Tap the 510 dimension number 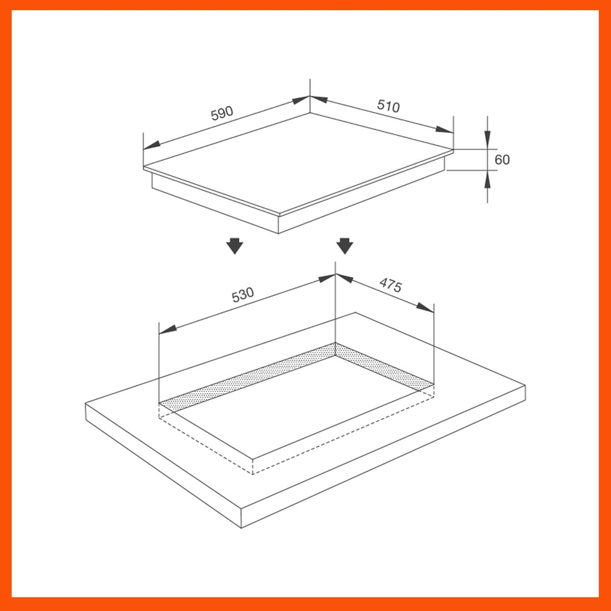[x=388, y=106]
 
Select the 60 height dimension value [x=502, y=159]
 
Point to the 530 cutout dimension [x=243, y=295]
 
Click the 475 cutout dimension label [x=391, y=286]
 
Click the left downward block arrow [x=235, y=245]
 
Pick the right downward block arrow [x=345, y=245]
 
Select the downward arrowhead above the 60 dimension [x=487, y=140]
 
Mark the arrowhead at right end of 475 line [x=425, y=307]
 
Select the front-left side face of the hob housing [x=215, y=206]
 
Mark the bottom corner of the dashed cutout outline [x=253, y=474]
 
